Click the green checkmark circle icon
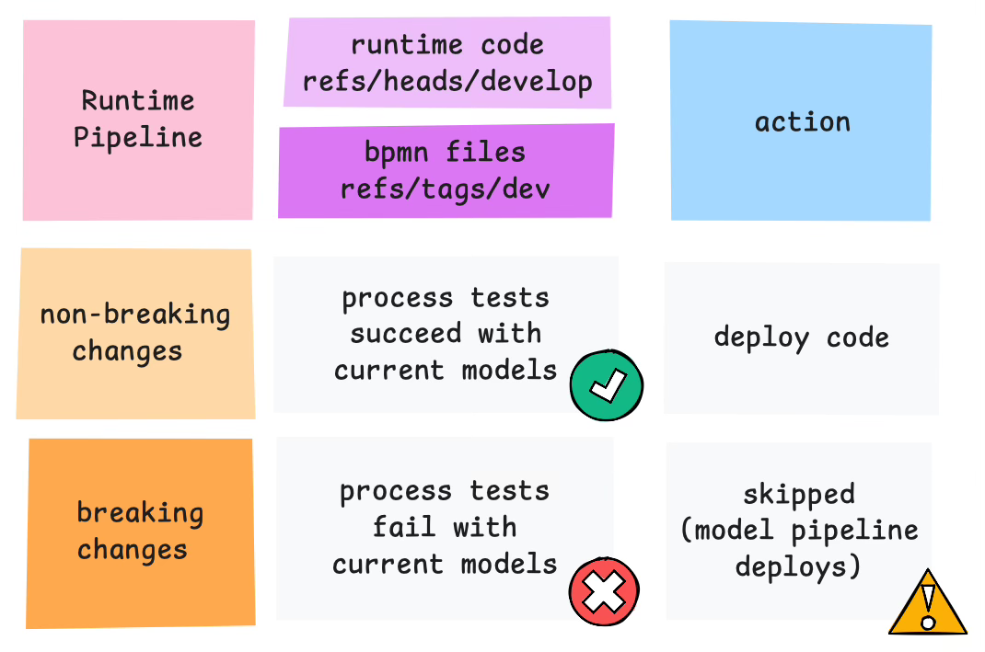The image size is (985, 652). pos(607,385)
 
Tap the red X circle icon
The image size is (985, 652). pos(604,591)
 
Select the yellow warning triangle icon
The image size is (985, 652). pos(927,602)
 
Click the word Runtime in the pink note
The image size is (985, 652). pos(138,101)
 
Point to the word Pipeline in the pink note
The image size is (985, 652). pos(137,138)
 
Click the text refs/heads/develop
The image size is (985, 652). pos(447,82)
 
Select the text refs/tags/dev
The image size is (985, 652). pos(446,189)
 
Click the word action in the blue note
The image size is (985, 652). pos(803,122)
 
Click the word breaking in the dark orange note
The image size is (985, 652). pos(140,513)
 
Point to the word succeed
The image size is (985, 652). pos(406,333)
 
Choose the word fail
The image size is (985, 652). pos(404,527)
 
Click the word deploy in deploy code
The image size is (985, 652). pos(762,338)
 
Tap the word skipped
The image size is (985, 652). pos(799,495)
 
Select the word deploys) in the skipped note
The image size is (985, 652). pos(798,566)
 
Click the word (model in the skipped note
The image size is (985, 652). pos(726,531)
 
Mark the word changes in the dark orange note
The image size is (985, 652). pos(133,550)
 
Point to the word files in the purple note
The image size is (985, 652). pos(485,153)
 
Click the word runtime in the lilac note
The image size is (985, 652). pos(407,45)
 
